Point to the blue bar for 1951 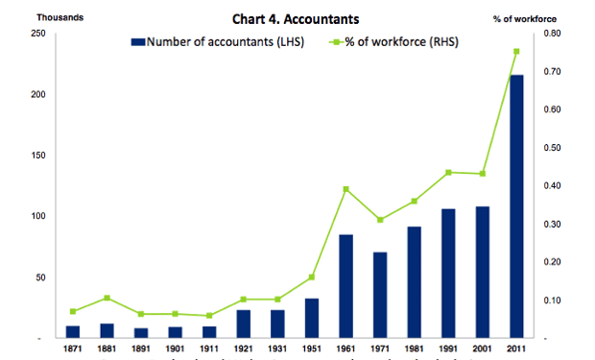coord(312,319)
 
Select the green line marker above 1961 coord(346,189)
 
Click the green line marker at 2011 coord(516,52)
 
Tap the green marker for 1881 coord(107,298)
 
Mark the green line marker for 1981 coord(415,202)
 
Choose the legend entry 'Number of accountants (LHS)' coord(217,42)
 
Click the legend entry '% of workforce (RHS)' coord(394,42)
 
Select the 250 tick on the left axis coord(37,34)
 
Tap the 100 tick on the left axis coord(37,217)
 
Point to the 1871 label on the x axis coord(73,349)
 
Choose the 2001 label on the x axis coord(482,349)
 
